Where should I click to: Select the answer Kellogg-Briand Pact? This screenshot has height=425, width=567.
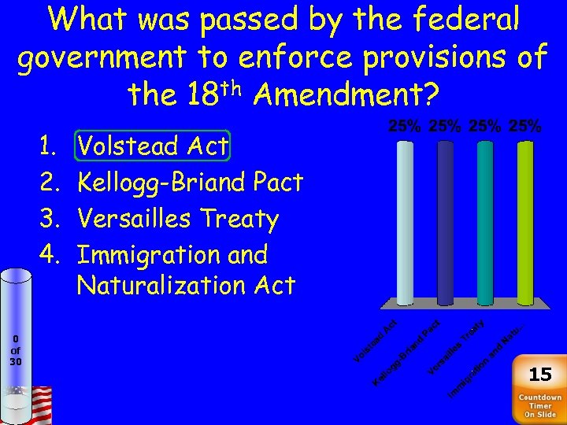click(190, 182)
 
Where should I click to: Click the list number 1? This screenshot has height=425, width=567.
click(46, 146)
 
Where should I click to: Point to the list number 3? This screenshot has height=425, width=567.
click(46, 219)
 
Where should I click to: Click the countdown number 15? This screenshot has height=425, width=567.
click(540, 374)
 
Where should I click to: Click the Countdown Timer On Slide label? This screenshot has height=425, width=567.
click(540, 405)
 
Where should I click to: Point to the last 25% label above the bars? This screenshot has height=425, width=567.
click(524, 126)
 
